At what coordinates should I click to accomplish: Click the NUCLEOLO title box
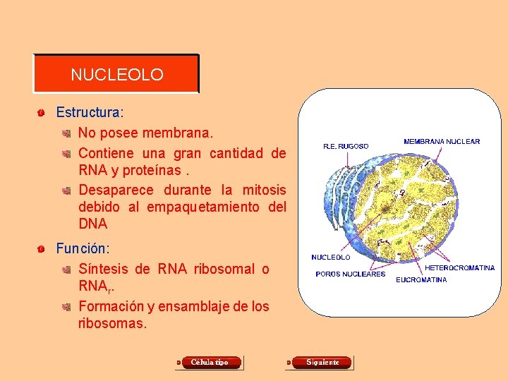click(x=116, y=74)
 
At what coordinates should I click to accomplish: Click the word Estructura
click(x=88, y=112)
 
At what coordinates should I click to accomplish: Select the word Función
click(x=82, y=249)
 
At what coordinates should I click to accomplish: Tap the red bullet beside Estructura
click(x=42, y=113)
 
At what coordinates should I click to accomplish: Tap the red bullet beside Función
click(x=42, y=250)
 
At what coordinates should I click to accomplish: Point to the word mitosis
click(x=264, y=190)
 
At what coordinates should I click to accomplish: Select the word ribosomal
click(x=223, y=269)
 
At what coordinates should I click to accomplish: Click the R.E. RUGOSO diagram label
click(x=346, y=146)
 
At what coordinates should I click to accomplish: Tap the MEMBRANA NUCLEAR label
click(x=442, y=141)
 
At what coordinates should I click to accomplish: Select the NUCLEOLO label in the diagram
click(x=331, y=258)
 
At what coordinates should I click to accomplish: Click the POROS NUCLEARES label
click(x=350, y=274)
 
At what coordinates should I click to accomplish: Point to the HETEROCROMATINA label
click(x=459, y=268)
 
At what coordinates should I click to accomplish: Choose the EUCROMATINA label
click(x=421, y=280)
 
